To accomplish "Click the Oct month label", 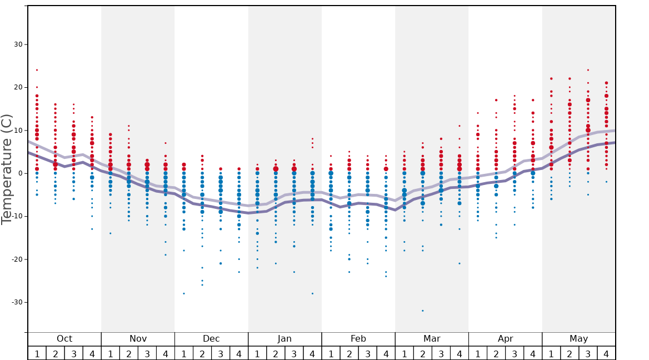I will click(64, 339).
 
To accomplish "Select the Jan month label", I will click(284, 339).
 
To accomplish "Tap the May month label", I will click(578, 339).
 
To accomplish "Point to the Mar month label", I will click(432, 339).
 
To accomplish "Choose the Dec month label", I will click(211, 339).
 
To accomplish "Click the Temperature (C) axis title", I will click(7, 169).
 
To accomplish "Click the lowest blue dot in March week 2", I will click(422, 311).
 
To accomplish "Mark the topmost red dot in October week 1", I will click(37, 70).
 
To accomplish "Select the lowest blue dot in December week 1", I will click(183, 293).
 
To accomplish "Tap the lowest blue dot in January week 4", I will click(312, 293).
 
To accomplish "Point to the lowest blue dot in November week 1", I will click(110, 233).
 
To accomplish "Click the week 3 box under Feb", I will click(367, 353).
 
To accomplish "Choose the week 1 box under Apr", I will click(477, 353).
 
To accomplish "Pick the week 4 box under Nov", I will click(165, 353).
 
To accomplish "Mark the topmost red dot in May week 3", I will click(587, 70).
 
